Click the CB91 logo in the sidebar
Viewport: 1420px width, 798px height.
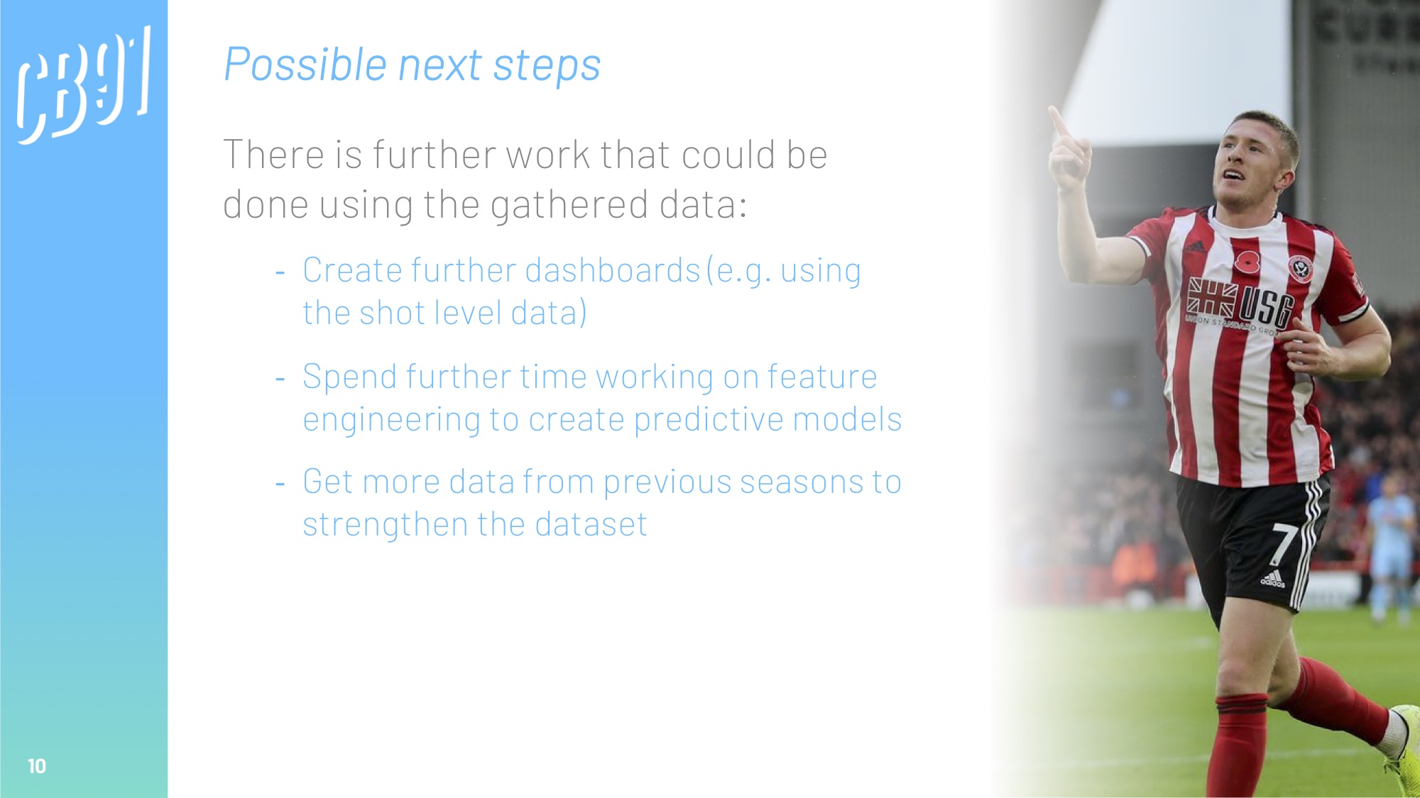[x=84, y=85]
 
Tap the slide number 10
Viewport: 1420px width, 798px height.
[x=37, y=766]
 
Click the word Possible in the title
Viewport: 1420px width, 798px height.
[x=305, y=65]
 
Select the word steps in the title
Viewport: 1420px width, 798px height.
[x=547, y=66]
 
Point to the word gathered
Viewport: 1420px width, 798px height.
[x=569, y=204]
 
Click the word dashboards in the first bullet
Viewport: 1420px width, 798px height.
[x=613, y=270]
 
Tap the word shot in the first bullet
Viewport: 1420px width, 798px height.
[x=392, y=313]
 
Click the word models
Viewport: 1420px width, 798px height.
[x=847, y=419]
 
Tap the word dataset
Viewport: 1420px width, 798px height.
[x=591, y=525]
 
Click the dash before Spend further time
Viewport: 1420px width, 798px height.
[x=280, y=379]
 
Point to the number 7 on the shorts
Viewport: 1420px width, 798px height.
[x=1282, y=544]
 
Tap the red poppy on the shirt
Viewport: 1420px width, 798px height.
[x=1247, y=261]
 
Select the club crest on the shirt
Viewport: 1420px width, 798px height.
[x=1301, y=269]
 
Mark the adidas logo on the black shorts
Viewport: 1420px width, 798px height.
[x=1272, y=580]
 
